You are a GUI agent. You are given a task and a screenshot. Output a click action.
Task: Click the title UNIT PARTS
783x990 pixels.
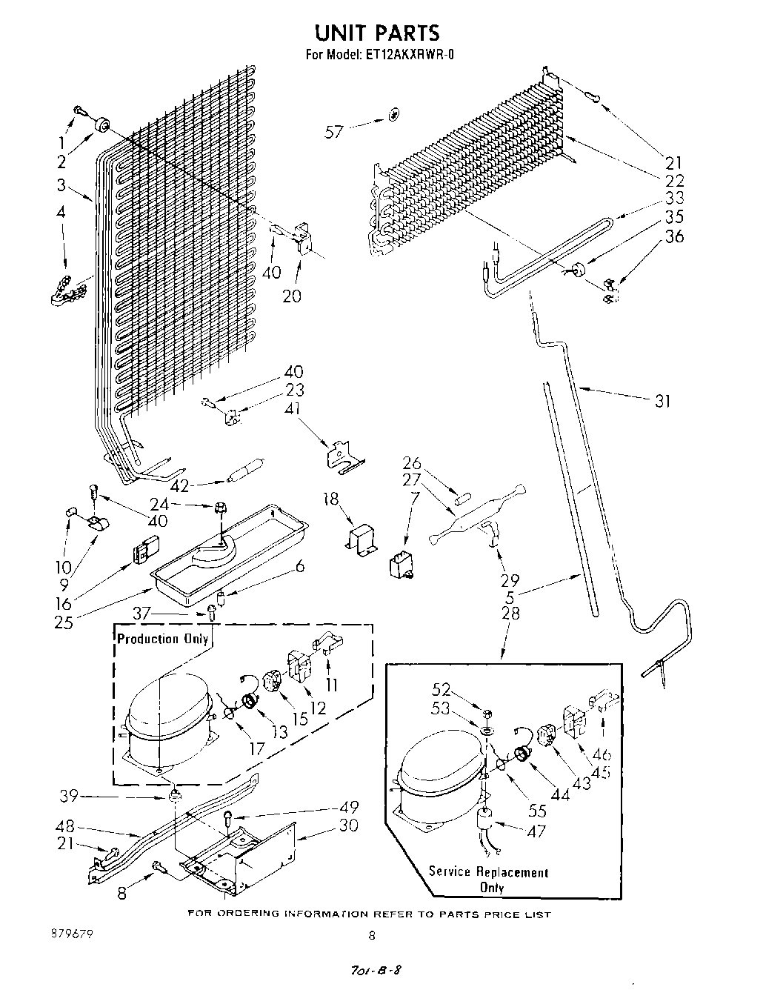click(x=377, y=33)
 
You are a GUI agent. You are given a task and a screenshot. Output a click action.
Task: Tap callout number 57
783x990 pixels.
click(x=335, y=132)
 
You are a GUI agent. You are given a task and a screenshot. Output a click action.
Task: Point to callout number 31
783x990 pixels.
click(x=662, y=401)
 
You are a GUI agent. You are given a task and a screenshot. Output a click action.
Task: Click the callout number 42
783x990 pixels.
click(x=179, y=486)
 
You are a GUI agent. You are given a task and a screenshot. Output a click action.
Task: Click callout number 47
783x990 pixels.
click(x=536, y=831)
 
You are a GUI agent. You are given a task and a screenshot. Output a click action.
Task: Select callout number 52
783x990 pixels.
click(x=442, y=691)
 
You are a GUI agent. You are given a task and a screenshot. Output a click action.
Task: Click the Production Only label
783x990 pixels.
click(x=162, y=639)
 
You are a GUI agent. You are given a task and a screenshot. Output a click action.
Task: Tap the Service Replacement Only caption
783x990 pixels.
click(x=489, y=880)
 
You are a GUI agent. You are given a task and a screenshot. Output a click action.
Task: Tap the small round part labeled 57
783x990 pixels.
click(x=393, y=115)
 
